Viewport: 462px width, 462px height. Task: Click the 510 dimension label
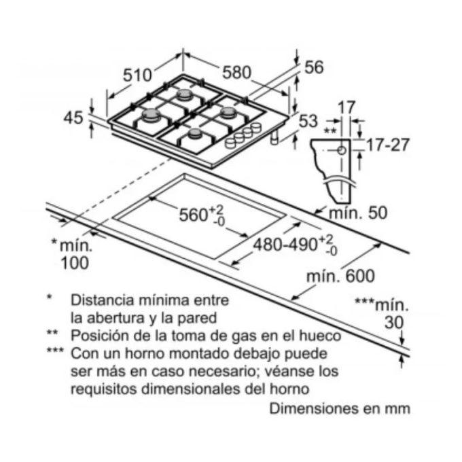pyautogui.click(x=137, y=75)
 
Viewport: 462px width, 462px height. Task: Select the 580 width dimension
pyautogui.click(x=236, y=72)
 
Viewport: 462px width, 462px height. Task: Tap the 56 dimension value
pyautogui.click(x=314, y=67)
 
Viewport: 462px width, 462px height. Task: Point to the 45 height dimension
pyautogui.click(x=73, y=118)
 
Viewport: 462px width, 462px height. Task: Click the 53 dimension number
pyautogui.click(x=308, y=121)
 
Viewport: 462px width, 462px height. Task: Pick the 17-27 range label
pyautogui.click(x=388, y=145)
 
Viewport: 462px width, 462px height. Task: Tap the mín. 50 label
pyautogui.click(x=357, y=213)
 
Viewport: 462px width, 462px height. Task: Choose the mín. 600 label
pyautogui.click(x=340, y=276)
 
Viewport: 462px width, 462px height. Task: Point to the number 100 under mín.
pyautogui.click(x=75, y=263)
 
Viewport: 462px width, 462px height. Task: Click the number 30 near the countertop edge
pyautogui.click(x=394, y=323)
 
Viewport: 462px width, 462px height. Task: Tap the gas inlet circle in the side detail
pyautogui.click(x=342, y=151)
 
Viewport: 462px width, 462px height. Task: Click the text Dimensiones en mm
pyautogui.click(x=340, y=409)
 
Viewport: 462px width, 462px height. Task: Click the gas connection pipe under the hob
pyautogui.click(x=274, y=138)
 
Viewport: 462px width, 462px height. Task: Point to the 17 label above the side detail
pyautogui.click(x=346, y=107)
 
